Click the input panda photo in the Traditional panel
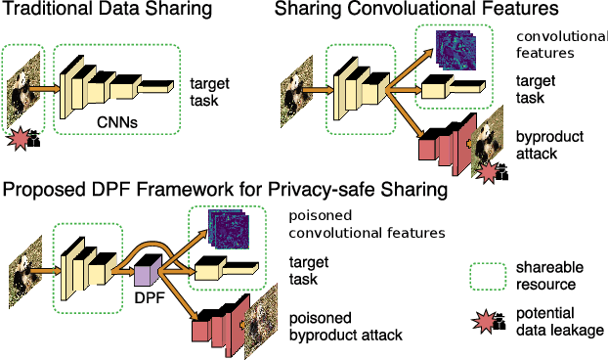(x=22, y=94)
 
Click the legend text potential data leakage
(x=561, y=322)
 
